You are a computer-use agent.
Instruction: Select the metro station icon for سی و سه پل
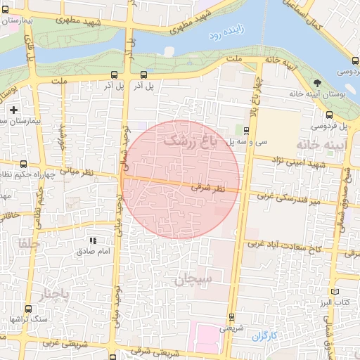click(x=246, y=130)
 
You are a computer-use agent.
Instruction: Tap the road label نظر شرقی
click(x=208, y=188)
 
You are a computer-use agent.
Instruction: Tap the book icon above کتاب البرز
click(x=335, y=291)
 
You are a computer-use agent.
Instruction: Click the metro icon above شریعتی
click(x=231, y=317)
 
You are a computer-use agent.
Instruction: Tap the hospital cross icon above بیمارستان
click(x=13, y=110)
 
